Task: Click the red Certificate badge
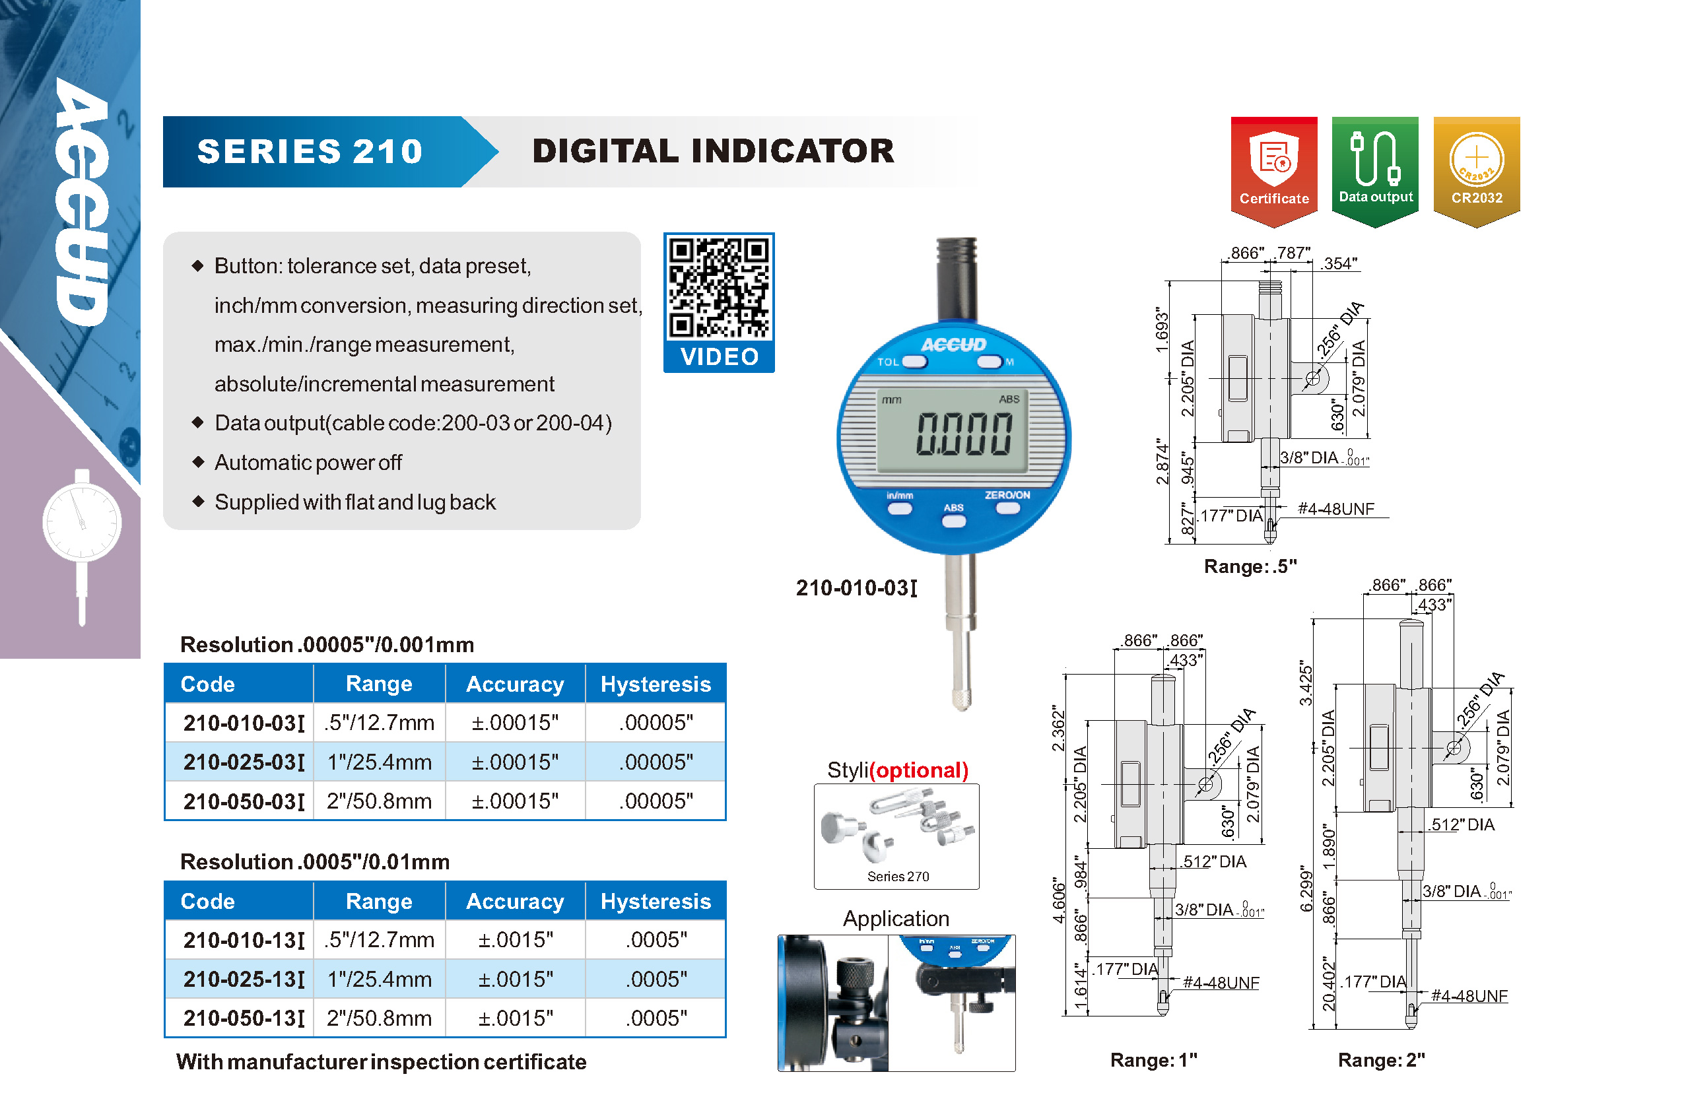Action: (x=1273, y=170)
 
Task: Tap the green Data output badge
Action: (x=1375, y=170)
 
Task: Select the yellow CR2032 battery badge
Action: (x=1477, y=170)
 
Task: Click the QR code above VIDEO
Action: (x=719, y=287)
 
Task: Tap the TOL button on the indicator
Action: (x=914, y=362)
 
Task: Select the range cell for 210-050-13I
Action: (x=380, y=1018)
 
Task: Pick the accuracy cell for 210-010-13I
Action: (x=515, y=939)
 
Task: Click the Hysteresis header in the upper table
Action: (x=656, y=684)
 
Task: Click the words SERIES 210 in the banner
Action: (x=310, y=151)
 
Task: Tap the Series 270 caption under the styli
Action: (x=898, y=876)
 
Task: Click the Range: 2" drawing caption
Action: (x=1380, y=1059)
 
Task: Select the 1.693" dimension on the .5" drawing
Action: (x=1161, y=330)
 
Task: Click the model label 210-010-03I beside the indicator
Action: (x=856, y=587)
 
